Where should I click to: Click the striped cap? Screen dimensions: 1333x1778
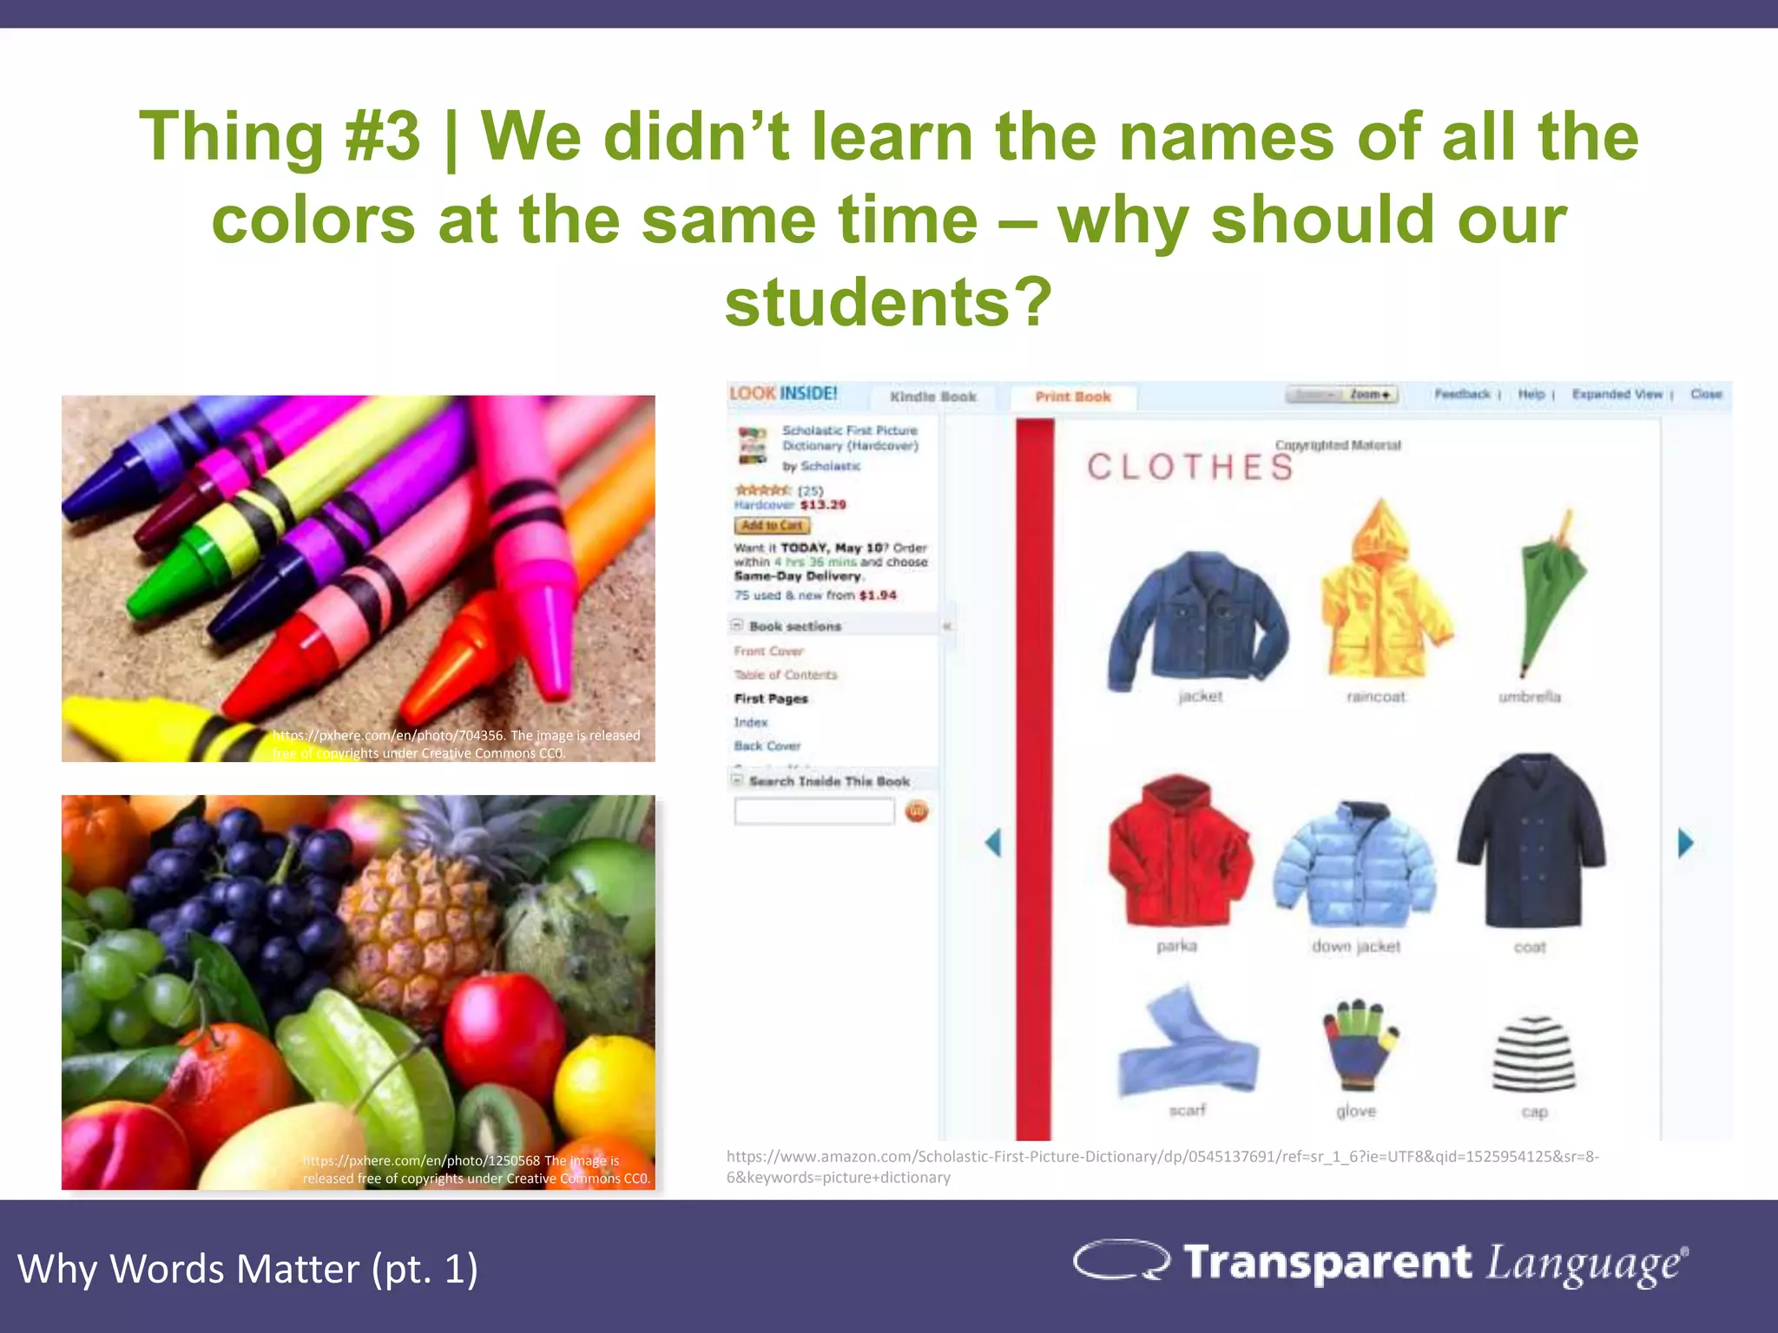[1533, 1054]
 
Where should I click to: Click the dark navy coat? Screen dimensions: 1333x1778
[1532, 842]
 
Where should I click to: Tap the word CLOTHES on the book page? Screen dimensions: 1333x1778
[1190, 467]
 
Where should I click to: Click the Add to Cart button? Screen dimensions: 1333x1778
[772, 525]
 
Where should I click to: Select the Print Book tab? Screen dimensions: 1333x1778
[1072, 397]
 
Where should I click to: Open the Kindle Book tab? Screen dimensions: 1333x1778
[933, 397]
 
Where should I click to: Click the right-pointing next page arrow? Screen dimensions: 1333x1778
[1685, 843]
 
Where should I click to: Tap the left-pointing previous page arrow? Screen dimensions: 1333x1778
[993, 842]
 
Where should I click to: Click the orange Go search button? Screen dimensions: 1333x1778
[917, 811]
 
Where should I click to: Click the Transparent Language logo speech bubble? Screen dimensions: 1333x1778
[1121, 1260]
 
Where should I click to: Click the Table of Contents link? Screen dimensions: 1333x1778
[786, 674]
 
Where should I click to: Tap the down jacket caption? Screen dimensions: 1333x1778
[1356, 946]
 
